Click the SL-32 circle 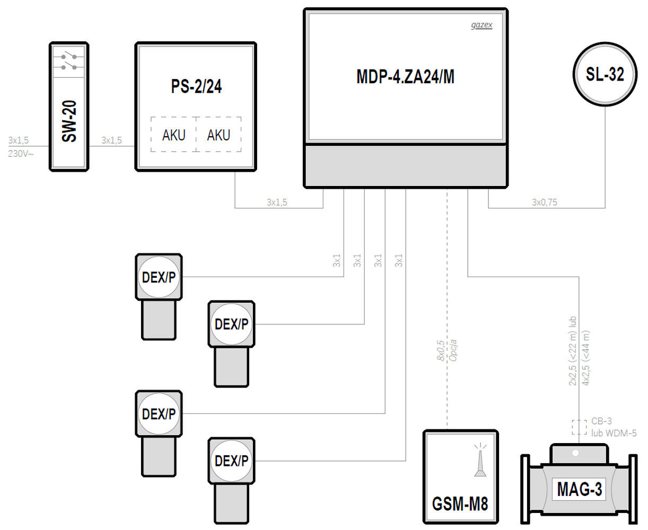point(605,74)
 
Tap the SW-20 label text point(69,121)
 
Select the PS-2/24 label point(196,86)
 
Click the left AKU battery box point(173,135)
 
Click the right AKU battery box point(218,135)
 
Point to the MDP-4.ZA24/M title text point(405,77)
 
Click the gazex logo point(481,25)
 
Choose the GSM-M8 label point(460,503)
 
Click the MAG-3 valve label point(579,489)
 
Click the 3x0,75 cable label point(545,202)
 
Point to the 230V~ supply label point(21,154)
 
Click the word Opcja point(453,350)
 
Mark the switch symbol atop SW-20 point(69,61)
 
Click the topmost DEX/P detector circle point(159,277)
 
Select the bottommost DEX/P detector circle point(231,461)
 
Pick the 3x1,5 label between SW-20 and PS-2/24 point(111,140)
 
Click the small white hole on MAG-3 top point(575,453)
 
